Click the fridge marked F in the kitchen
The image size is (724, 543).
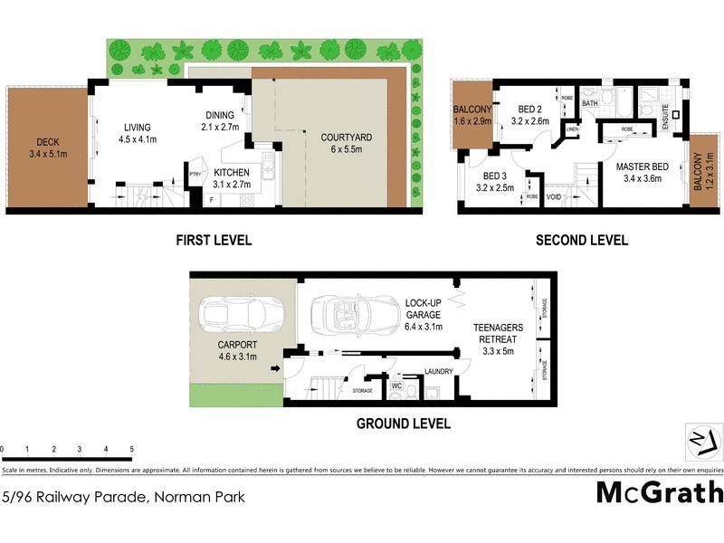[212, 199]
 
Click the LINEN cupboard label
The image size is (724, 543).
[571, 129]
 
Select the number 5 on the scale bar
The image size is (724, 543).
[132, 449]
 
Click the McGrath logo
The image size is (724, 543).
[660, 492]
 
